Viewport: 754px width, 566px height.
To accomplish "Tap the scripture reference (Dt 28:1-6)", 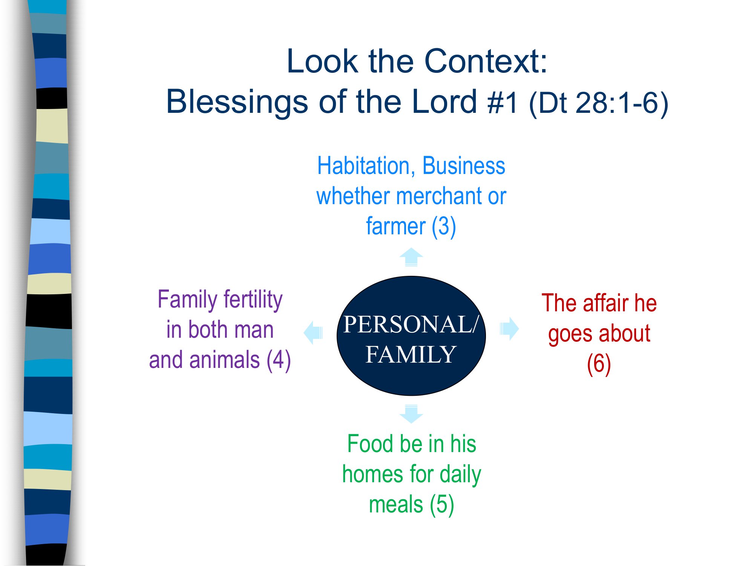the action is [599, 103].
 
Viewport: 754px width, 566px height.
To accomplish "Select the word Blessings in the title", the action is [237, 102].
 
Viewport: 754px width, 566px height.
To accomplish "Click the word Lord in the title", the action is [444, 102].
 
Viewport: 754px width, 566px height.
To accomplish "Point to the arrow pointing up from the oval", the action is [411, 257].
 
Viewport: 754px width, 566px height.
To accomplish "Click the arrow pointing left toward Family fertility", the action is [313, 332].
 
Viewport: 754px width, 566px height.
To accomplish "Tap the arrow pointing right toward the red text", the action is [509, 329].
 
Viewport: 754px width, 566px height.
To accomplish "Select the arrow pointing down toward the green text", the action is [411, 414].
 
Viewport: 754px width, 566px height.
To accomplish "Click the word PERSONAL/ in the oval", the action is [411, 324].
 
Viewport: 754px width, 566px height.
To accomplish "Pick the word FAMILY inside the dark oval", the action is [411, 355].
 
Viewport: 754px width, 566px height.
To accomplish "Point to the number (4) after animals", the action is [279, 360].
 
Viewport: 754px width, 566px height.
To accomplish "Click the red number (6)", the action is [599, 364].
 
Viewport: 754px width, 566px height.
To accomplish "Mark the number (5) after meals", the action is [442, 505].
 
